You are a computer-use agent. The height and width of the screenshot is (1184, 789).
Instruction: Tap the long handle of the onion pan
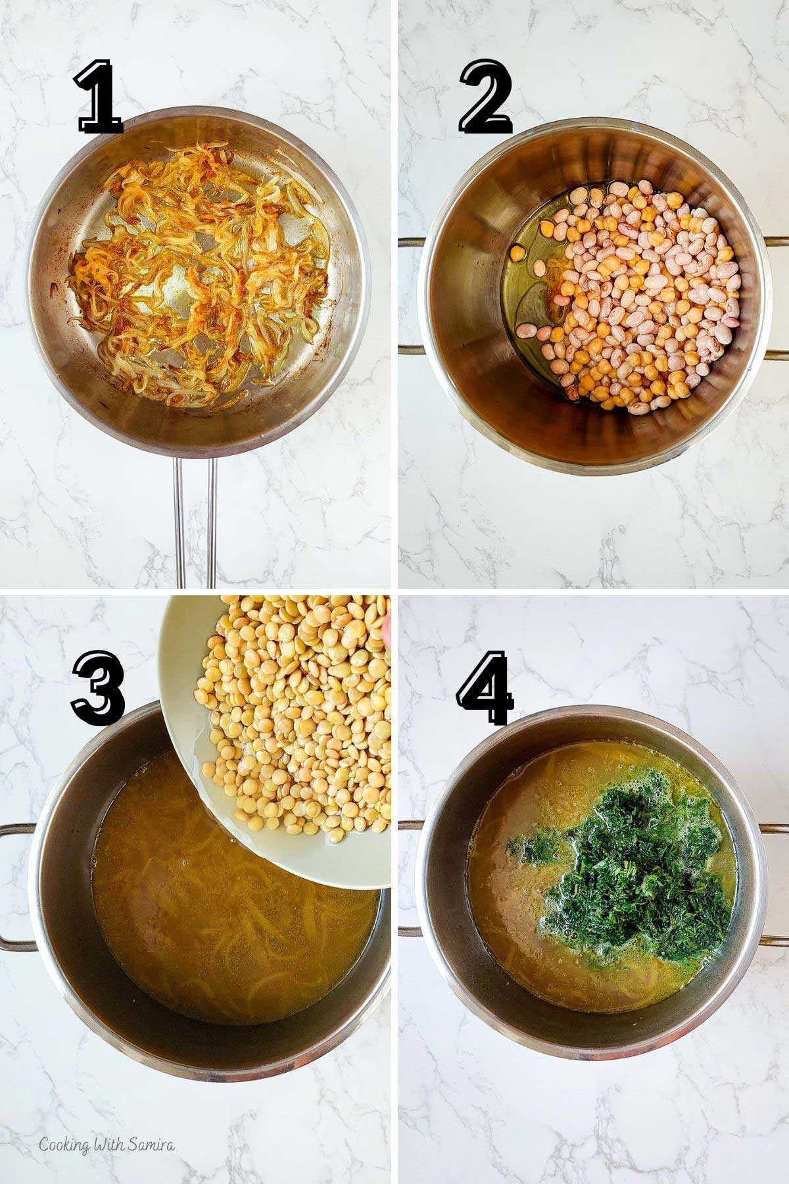click(194, 520)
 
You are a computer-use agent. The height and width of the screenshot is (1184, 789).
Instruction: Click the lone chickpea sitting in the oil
click(518, 253)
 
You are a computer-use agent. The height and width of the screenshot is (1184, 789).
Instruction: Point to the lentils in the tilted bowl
click(289, 684)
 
